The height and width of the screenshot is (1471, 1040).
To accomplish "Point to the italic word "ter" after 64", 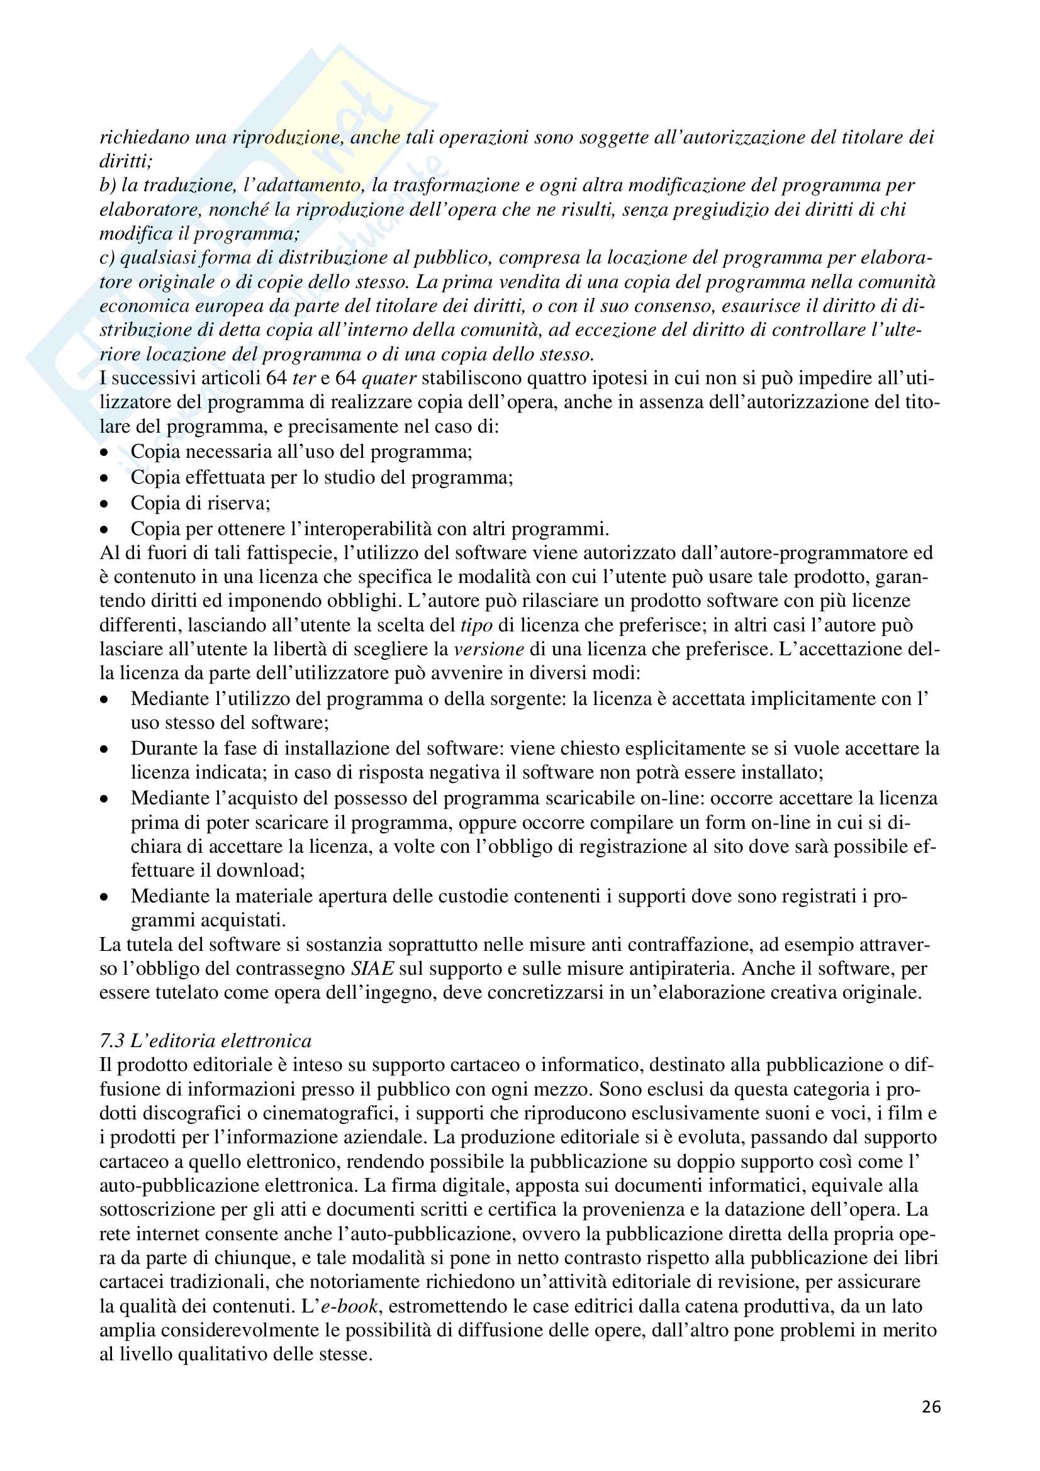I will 304,378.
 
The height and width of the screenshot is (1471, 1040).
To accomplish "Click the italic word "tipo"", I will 476,624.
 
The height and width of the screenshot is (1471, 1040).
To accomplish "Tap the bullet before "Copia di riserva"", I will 104,504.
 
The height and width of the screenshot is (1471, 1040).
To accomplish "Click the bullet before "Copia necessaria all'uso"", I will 104,453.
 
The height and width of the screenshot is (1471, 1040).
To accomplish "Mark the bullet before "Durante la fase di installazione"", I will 104,750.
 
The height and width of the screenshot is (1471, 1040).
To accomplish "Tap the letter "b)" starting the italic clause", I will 108,185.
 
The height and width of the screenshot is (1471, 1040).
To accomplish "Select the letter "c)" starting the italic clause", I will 107,258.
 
